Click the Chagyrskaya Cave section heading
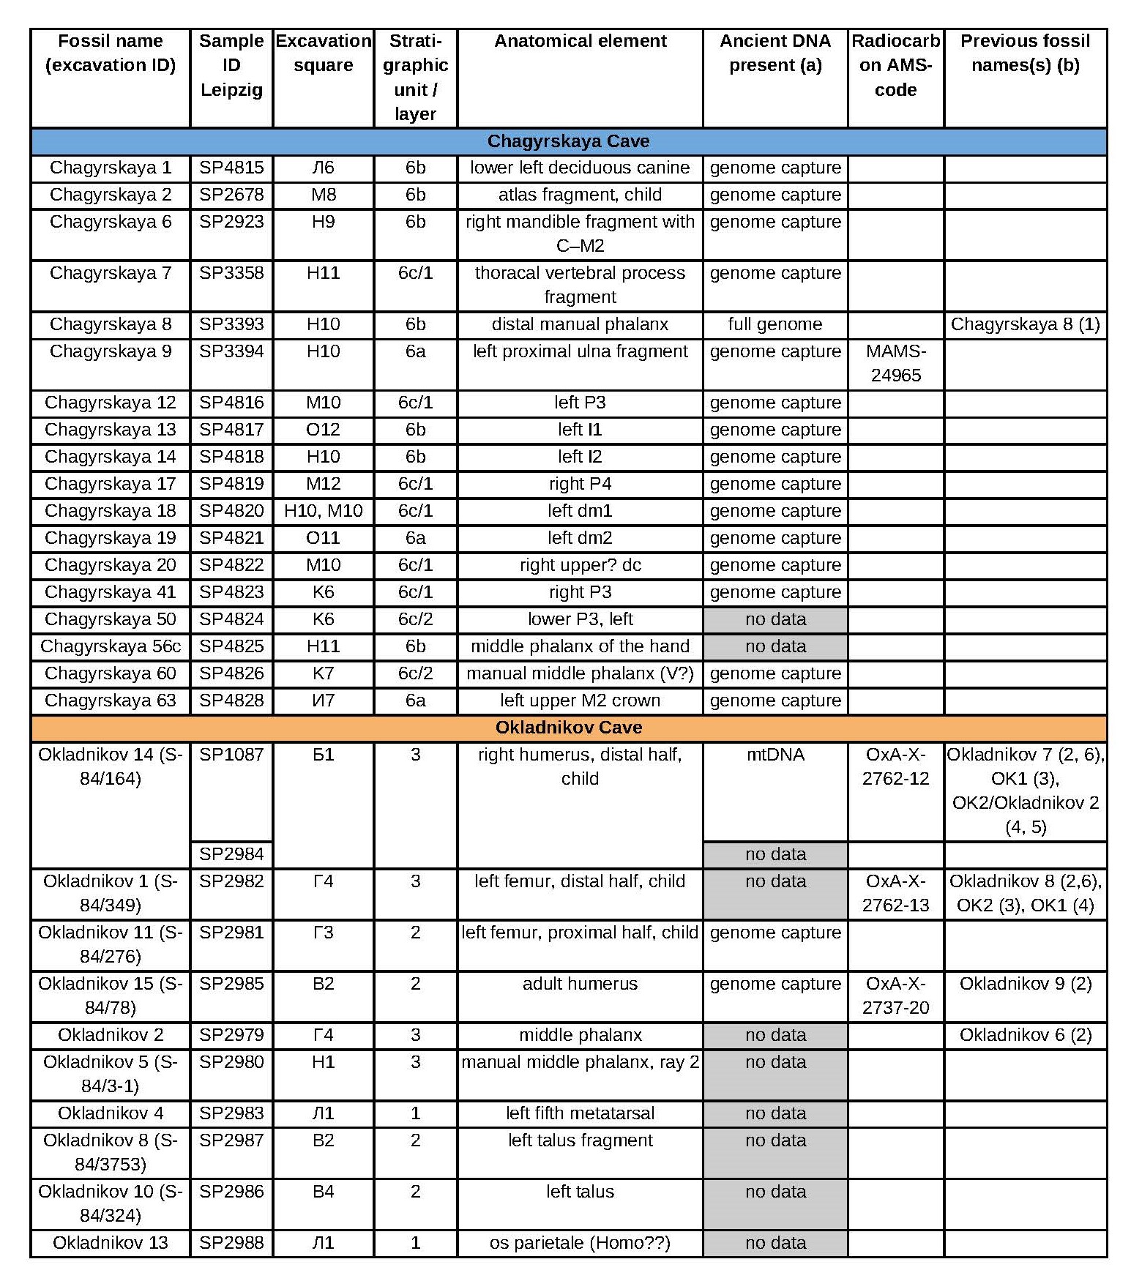[568, 141]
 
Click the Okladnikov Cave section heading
[568, 728]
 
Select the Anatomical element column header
[580, 41]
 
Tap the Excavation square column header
[323, 53]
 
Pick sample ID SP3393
[231, 324]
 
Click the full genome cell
[774, 324]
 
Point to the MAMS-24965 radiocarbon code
[895, 363]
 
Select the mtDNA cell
[774, 755]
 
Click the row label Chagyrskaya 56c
[111, 646]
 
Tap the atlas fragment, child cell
[580, 195]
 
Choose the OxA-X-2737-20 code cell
[895, 996]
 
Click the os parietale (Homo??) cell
[580, 1242]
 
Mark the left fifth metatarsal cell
[580, 1113]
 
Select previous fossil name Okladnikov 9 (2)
[1025, 984]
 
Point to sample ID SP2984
[231, 854]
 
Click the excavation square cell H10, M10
[323, 511]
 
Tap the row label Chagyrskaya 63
[111, 701]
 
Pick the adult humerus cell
[580, 984]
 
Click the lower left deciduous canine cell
[580, 168]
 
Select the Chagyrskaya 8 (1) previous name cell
[1025, 324]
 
